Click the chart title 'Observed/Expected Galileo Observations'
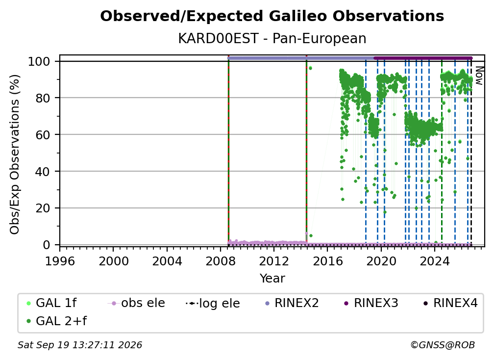coord(272,16)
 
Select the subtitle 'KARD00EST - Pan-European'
coord(272,38)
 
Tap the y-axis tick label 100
coord(39,61)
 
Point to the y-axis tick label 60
coord(43,134)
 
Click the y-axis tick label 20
coord(43,208)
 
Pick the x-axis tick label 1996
coord(60,261)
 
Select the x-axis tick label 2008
coord(221,261)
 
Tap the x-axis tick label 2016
coord(328,261)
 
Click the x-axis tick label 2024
coord(435,261)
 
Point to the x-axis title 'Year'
coord(272,279)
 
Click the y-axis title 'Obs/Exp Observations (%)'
coord(15,154)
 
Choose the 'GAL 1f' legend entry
coord(52,303)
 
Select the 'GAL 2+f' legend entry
coord(57,321)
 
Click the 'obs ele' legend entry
coord(136,303)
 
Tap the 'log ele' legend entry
coord(213,303)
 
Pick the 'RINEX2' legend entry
coord(292,303)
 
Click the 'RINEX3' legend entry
coord(371,303)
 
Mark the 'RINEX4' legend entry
coord(451,303)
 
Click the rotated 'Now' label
coord(479,76)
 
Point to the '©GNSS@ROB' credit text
coord(443,345)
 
